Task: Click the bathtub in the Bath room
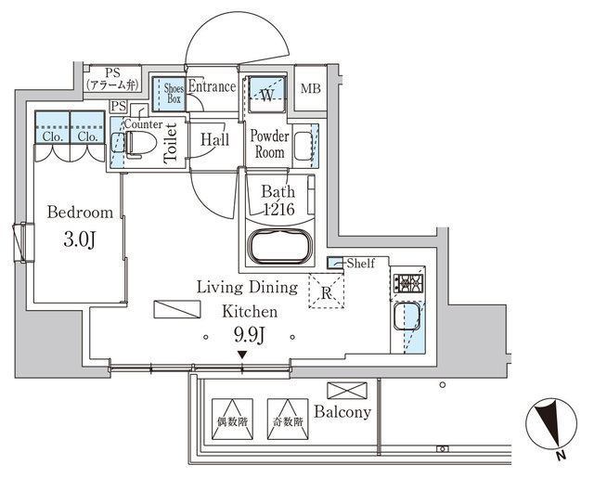pos(279,248)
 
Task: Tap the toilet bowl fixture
pos(139,143)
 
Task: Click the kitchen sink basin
pos(406,320)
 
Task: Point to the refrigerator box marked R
pos(326,291)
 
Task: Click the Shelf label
pos(360,264)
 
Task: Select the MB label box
pos(311,90)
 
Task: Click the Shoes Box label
pos(167,95)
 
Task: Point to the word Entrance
pos(212,88)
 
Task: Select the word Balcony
pos(342,412)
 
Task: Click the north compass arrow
pos(549,428)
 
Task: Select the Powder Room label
pos(270,143)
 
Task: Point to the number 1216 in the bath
pos(278,210)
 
